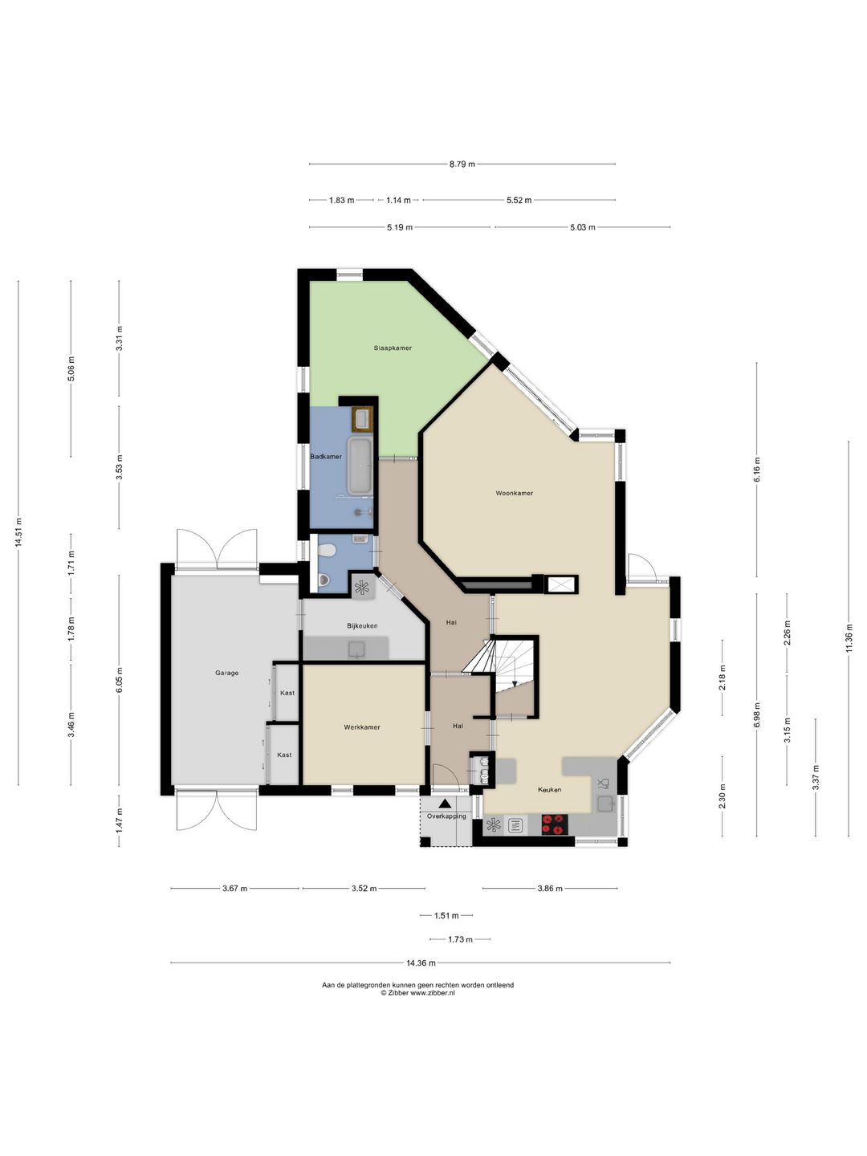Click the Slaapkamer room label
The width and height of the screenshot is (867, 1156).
click(393, 348)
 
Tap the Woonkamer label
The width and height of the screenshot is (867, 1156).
click(515, 494)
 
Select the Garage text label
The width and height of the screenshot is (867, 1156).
click(227, 673)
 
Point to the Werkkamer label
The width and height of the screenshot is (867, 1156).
click(362, 727)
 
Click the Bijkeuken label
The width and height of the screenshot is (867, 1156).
click(362, 625)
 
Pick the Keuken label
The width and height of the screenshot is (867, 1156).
click(550, 789)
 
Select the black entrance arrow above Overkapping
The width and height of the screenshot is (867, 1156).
click(446, 804)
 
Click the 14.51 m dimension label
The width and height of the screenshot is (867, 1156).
click(18, 532)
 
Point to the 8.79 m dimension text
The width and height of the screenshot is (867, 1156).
click(462, 164)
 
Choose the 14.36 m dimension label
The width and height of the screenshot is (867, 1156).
click(421, 963)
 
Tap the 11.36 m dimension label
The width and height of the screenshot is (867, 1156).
click(848, 637)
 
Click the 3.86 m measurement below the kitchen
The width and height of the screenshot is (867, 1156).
click(550, 889)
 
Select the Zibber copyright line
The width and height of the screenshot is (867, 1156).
click(418, 993)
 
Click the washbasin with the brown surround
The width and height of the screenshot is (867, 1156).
click(362, 419)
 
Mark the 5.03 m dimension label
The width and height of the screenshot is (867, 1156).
click(582, 227)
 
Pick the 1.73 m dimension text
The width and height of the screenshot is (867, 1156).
click(461, 939)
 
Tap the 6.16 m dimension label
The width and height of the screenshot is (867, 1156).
click(757, 470)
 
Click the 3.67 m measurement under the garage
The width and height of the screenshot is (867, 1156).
click(234, 889)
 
